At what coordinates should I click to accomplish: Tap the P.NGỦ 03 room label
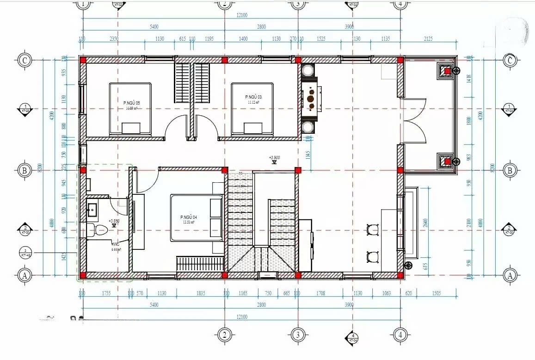click(x=252, y=97)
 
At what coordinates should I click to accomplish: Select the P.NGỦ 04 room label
click(x=189, y=217)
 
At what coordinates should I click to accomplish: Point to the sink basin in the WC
click(x=92, y=210)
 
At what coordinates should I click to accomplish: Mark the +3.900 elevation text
click(x=275, y=157)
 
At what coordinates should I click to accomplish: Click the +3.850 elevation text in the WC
click(x=114, y=221)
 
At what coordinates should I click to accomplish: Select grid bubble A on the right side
click(x=510, y=275)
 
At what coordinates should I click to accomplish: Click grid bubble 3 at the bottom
click(x=297, y=335)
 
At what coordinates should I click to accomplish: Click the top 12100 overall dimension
click(x=241, y=15)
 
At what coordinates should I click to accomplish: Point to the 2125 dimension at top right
click(x=428, y=39)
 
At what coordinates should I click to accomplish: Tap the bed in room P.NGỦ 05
click(x=130, y=109)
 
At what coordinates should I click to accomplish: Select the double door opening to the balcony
click(x=414, y=121)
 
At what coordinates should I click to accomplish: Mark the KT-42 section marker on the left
click(x=25, y=253)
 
